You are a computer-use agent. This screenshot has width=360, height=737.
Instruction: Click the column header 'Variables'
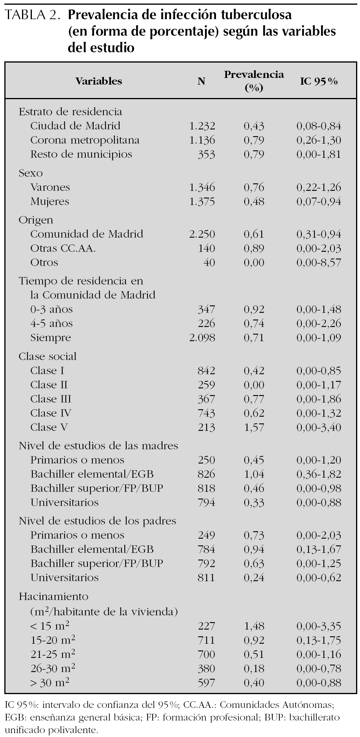coord(99,81)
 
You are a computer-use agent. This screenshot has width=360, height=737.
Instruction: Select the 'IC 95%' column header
coord(319,81)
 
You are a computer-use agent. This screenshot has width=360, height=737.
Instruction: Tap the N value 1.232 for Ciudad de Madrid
coord(202,126)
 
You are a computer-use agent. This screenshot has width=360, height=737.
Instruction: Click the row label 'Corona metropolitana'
coord(85,140)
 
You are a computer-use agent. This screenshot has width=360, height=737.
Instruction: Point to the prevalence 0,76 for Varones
coord(254,187)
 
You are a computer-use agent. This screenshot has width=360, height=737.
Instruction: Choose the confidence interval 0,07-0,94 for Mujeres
coord(319,201)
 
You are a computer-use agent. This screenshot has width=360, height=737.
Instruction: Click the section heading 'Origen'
coord(36,220)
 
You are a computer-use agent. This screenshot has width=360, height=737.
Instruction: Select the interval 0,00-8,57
coord(319,262)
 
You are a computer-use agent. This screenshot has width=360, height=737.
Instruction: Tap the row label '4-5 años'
coord(52,323)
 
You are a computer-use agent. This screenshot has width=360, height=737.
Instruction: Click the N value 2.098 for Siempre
coord(202,338)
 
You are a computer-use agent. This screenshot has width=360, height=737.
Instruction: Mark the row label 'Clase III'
coord(51,399)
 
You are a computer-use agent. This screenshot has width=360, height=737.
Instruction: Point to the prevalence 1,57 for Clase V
coord(254,427)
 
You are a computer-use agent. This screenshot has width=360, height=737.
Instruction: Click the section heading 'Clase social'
coord(48,356)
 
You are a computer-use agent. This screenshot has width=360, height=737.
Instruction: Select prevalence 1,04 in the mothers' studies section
coord(254,474)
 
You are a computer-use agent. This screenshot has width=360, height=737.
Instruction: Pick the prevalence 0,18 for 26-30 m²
coord(254,669)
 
